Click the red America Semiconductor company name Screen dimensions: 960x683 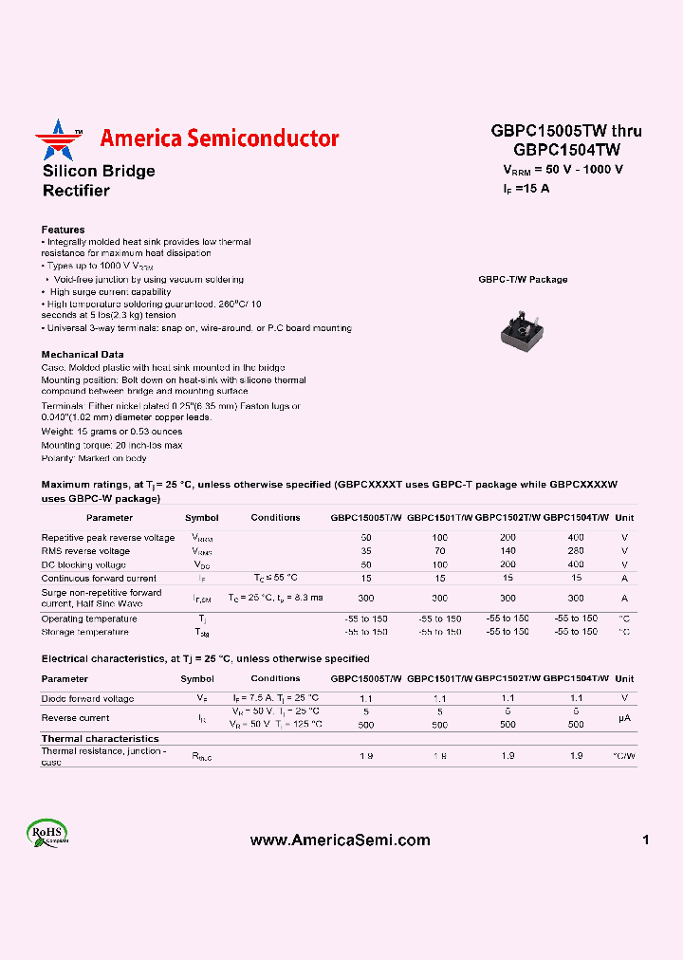(219, 138)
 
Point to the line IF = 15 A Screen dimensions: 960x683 (526, 188)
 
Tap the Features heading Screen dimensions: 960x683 (63, 230)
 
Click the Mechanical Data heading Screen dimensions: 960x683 (83, 354)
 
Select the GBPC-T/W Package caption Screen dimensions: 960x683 (523, 280)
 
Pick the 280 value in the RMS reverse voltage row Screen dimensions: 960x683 (576, 550)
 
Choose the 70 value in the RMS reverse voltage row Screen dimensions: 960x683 (440, 550)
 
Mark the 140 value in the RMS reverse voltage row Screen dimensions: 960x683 (508, 550)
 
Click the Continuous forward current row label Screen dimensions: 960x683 (99, 577)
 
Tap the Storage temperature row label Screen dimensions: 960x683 (84, 632)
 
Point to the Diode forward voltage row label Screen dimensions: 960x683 (87, 698)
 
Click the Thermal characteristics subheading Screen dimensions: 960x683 (100, 738)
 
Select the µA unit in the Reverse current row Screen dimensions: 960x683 (624, 718)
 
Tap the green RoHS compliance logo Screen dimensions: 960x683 (47, 835)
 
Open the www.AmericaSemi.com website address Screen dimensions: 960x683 (340, 840)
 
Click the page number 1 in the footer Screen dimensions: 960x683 (645, 840)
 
